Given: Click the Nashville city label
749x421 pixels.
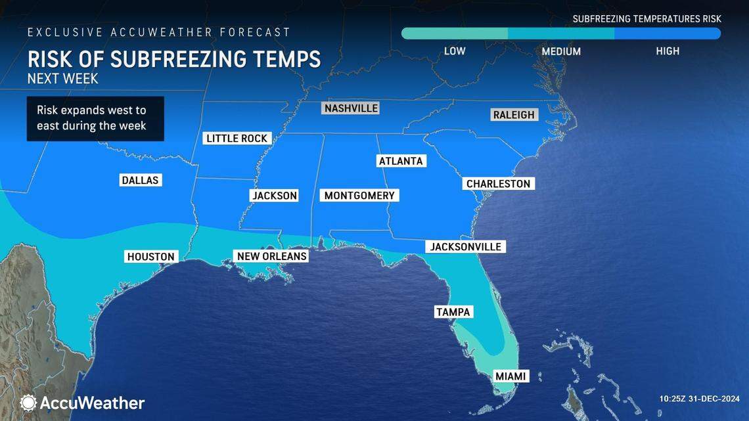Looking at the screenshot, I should coord(352,108).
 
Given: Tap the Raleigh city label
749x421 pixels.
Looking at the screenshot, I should coord(514,115).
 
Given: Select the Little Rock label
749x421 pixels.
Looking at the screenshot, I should coord(237,138).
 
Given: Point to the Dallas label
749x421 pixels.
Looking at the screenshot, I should coord(141,180).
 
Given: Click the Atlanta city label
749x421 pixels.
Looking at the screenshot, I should coord(401,161).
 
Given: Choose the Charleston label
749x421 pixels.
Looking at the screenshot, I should coord(498,184).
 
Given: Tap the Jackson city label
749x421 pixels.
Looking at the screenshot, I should coord(275,196).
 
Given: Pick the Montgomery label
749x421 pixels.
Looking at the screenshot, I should coord(359,196).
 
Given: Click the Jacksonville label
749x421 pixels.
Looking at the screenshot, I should coord(466,247).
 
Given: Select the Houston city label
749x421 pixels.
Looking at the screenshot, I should coord(150,257).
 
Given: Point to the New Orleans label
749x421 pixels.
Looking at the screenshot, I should coord(272,256).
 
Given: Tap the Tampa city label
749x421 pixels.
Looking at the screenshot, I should coord(453,312).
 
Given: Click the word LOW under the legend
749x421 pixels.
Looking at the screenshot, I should coord(455,51).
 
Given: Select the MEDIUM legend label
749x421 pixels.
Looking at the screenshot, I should coord(561,51).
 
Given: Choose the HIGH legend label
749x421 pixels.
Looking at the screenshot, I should coord(668,51).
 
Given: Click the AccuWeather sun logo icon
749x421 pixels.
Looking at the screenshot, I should coord(28,403).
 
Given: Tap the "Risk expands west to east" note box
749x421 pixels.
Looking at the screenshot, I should coord(95,118).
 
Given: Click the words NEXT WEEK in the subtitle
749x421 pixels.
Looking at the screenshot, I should coord(63,79).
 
